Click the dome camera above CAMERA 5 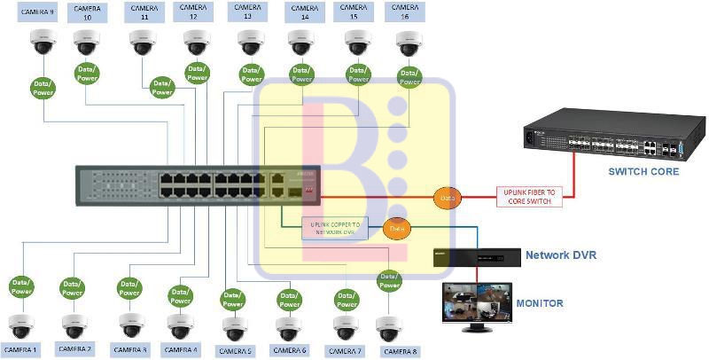pos(235,328)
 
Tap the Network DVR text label pos(561,255)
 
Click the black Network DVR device pos(476,257)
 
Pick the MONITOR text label pos(540,303)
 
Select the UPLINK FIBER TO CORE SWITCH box pos(530,197)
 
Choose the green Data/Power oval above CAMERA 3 pos(129,288)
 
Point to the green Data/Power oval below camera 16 pos(409,79)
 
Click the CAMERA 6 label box pos(291,350)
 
